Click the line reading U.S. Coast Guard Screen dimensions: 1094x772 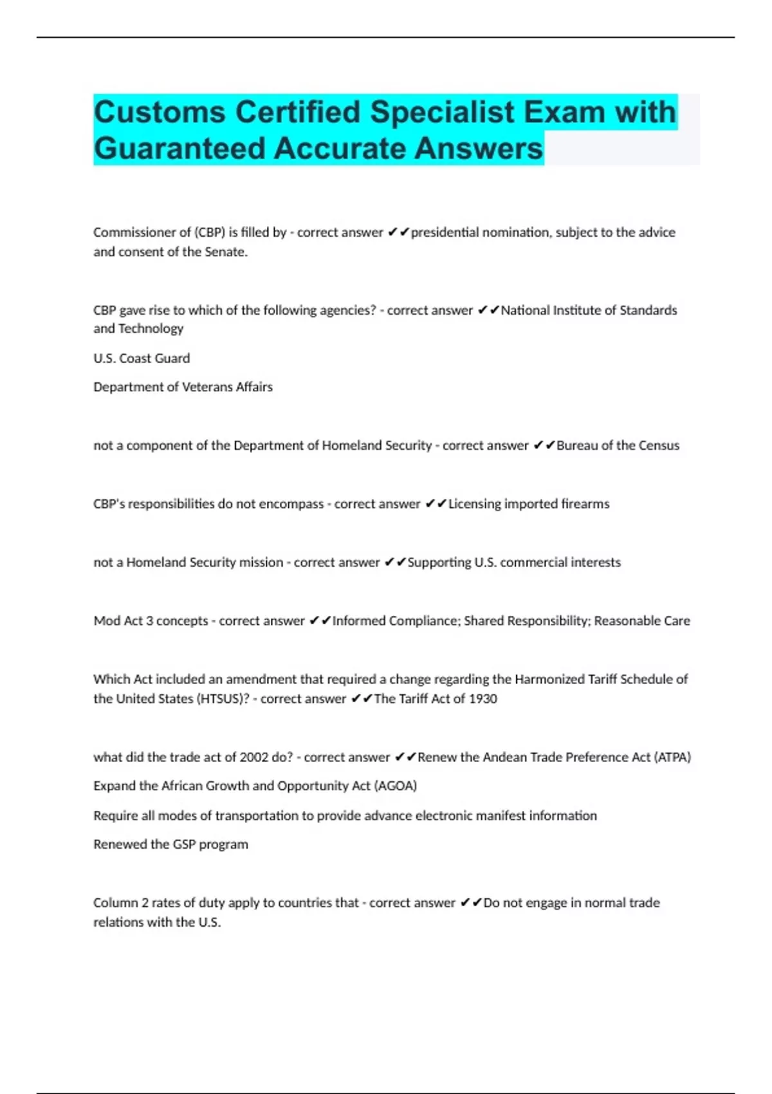142,358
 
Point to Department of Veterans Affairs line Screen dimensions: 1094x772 183,387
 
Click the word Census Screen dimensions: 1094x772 659,445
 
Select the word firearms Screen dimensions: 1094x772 584,504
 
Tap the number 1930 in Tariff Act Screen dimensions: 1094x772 482,699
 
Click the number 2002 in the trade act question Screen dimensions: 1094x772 255,757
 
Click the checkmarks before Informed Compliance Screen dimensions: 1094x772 320,621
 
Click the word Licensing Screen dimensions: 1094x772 474,504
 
